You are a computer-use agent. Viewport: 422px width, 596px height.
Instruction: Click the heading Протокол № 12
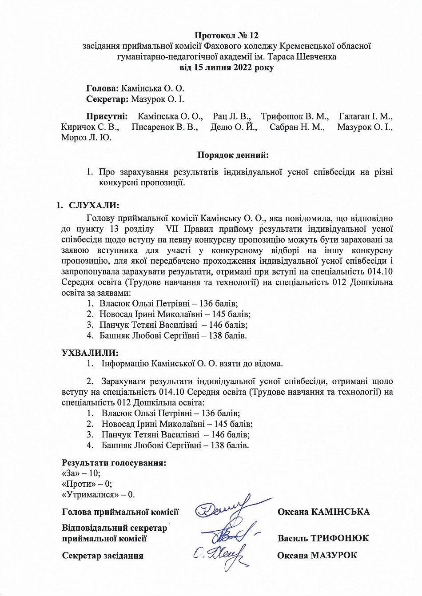(227, 35)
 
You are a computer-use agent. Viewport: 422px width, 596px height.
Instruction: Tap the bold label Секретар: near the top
(107, 99)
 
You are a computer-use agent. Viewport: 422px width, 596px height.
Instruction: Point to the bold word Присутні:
(107, 116)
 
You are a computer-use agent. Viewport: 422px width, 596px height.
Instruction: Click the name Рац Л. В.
(231, 116)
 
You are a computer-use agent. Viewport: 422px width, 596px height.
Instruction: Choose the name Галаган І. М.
(365, 116)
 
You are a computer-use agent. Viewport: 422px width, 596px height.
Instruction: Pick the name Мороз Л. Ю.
(86, 138)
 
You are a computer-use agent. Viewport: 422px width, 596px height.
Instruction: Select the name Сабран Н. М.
(297, 127)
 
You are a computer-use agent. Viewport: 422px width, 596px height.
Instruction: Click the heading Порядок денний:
(233, 155)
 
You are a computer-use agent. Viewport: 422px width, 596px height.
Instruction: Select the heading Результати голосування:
(114, 463)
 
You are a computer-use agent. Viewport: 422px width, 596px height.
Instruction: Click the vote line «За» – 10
(81, 473)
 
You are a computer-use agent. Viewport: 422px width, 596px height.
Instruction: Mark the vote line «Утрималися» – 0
(98, 494)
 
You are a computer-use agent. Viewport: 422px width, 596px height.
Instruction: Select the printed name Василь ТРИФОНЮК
(323, 538)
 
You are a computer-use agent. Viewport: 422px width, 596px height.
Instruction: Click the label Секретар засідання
(103, 556)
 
